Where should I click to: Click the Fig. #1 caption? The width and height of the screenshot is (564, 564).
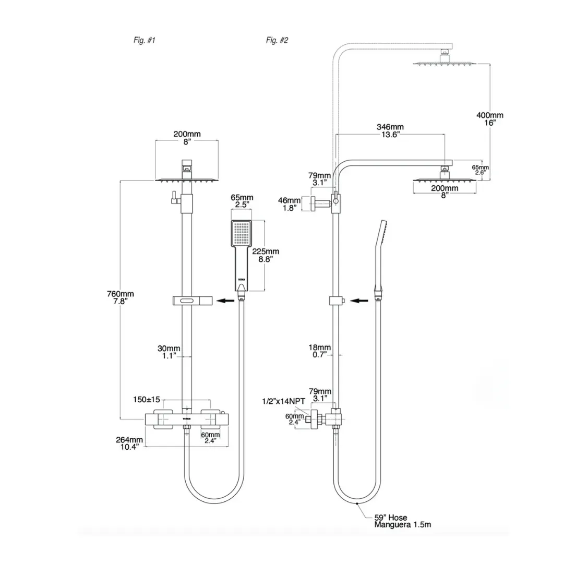(x=145, y=40)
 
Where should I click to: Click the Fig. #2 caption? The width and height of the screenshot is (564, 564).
(x=277, y=40)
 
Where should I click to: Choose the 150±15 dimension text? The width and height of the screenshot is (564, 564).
(x=147, y=400)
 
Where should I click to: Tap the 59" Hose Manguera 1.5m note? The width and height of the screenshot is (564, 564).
(x=402, y=521)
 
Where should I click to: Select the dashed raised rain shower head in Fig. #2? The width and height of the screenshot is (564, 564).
(x=445, y=63)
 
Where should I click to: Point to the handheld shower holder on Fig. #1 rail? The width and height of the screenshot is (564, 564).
(x=191, y=301)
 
